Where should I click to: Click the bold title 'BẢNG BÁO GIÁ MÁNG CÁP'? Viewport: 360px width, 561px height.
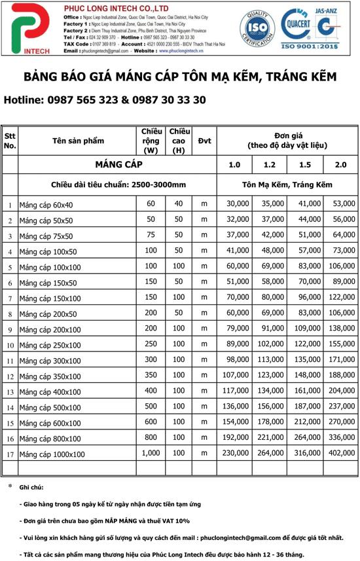tap(180, 77)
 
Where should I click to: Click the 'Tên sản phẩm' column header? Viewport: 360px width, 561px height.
tap(78, 141)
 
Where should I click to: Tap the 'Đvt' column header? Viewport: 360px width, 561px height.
tap(204, 141)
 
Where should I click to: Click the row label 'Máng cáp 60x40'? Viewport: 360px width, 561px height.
tap(46, 206)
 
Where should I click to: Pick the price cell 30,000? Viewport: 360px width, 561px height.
tap(238, 204)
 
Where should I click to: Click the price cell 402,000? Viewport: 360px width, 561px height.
tap(342, 454)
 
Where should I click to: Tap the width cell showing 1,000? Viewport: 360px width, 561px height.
tap(151, 454)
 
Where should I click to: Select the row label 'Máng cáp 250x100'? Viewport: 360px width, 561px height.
tap(50, 346)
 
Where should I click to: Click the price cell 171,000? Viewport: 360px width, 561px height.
tap(342, 360)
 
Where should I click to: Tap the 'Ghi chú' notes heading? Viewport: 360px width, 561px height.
tap(31, 488)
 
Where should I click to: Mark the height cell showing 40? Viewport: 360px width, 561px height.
tap(178, 204)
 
